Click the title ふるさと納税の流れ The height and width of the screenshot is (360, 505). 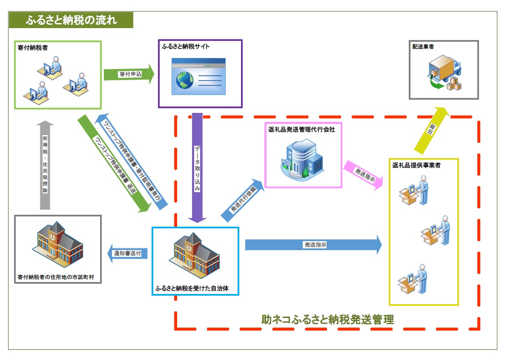pos(71,20)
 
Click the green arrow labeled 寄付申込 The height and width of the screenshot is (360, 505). pos(129,74)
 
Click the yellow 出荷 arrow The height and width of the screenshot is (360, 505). pos(431,130)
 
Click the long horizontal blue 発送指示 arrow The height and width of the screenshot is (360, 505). pos(314,245)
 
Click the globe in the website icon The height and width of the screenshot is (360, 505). pos(184,81)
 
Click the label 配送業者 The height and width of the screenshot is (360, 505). pos(423,46)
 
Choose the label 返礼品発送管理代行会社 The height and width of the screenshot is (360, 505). pos(302,130)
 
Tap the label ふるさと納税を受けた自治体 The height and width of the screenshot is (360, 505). pos(192,288)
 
